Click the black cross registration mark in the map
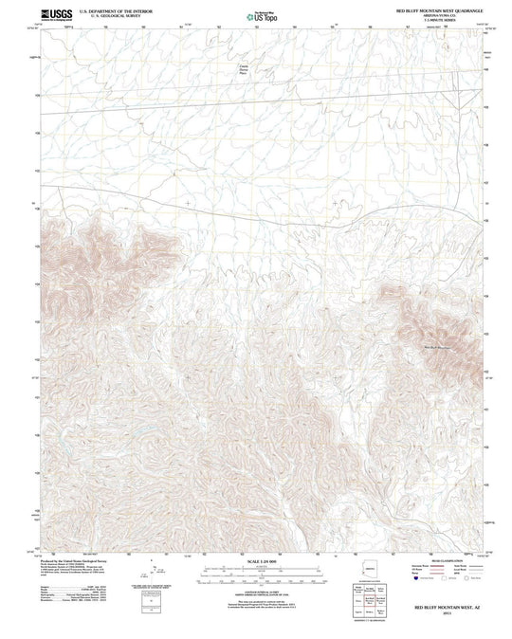(189, 202)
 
